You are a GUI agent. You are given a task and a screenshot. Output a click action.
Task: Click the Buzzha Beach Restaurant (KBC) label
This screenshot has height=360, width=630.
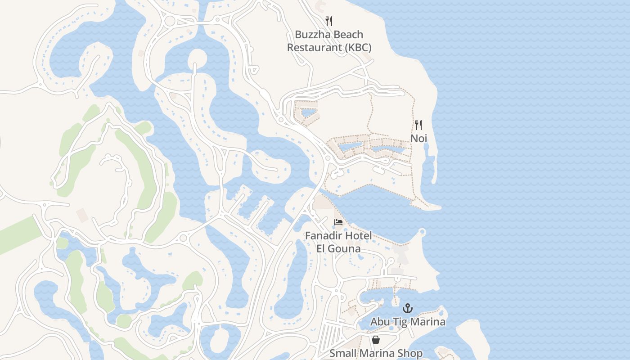(x=329, y=41)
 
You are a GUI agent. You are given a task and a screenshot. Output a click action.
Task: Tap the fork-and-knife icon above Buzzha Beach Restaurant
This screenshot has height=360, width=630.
(x=329, y=21)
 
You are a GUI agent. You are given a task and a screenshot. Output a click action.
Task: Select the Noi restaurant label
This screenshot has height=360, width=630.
(x=418, y=138)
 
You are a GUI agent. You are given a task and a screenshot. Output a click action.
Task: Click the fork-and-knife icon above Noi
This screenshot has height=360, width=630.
(x=418, y=125)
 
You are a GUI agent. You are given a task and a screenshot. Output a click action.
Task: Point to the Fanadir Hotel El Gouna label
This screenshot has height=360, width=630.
(x=338, y=242)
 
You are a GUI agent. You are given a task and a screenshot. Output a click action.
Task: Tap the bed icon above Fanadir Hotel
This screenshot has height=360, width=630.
(x=338, y=222)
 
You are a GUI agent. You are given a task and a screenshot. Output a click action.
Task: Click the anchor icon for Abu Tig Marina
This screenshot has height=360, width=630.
(x=407, y=308)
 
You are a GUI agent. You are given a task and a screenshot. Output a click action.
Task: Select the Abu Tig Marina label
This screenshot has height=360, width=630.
(x=408, y=322)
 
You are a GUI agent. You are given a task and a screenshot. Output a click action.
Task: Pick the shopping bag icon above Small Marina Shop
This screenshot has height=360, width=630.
(x=376, y=340)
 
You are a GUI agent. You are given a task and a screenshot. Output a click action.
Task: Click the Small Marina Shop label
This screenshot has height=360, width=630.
(x=376, y=353)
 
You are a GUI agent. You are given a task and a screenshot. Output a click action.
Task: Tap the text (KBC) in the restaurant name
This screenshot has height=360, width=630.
(x=356, y=48)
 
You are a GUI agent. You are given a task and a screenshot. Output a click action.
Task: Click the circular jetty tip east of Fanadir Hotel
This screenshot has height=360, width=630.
(x=422, y=232)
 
